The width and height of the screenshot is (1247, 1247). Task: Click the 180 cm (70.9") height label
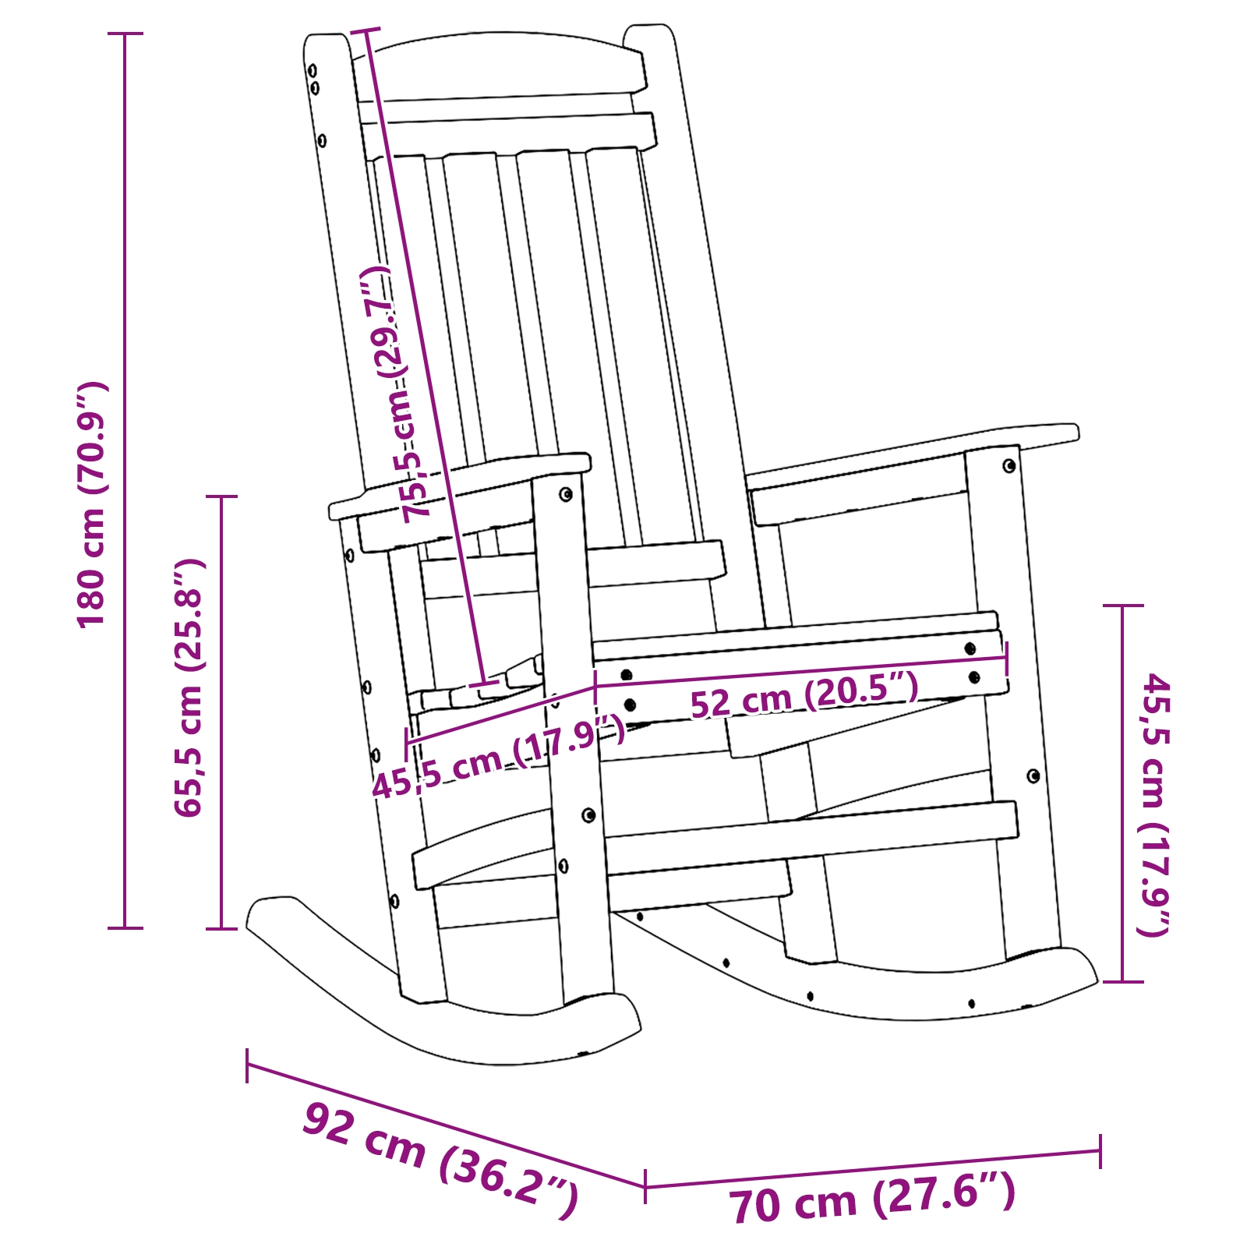coord(92,505)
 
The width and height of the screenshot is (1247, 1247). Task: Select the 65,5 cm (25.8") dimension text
coord(189,687)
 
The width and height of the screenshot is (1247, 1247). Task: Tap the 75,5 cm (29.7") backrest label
coord(395,394)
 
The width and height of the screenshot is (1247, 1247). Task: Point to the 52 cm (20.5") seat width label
coord(804,694)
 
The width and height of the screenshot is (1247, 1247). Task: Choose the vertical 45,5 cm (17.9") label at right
coord(1156,804)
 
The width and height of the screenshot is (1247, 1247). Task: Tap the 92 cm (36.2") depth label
coord(440,1160)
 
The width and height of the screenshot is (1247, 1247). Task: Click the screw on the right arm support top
coord(1009,466)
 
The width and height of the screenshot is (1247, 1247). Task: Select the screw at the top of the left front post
coord(566,494)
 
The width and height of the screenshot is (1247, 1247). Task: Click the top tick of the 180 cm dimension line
coord(125,34)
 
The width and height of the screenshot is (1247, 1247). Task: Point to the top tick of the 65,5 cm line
coord(221,496)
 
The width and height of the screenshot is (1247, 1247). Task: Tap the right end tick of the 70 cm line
coord(1100,1151)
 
